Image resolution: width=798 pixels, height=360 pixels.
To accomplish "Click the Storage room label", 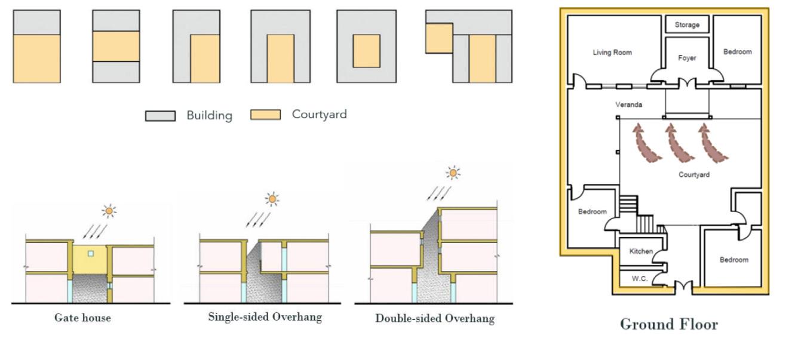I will (687, 25).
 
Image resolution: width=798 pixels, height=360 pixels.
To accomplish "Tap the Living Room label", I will (612, 53).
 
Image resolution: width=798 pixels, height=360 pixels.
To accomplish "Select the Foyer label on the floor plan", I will (687, 58).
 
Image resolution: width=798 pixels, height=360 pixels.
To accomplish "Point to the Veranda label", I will (629, 105).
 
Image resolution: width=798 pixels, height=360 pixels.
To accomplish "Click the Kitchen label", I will (641, 251).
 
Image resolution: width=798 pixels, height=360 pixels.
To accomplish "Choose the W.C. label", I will (639, 279).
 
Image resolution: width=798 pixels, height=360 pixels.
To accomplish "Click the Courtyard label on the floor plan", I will (694, 175).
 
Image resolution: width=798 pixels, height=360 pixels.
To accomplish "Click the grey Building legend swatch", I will (160, 115).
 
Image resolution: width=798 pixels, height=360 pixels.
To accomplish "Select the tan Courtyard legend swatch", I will (265, 115).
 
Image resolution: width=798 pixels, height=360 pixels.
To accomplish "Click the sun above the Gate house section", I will (109, 210).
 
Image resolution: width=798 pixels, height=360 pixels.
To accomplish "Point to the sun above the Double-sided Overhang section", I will (454, 173).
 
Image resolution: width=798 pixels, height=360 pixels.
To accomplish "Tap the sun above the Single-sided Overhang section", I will (272, 198).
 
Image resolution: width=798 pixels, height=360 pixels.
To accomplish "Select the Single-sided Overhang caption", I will (265, 317).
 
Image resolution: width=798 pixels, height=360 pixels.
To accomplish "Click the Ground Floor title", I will (669, 324).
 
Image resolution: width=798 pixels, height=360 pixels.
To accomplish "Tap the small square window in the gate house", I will (90, 254).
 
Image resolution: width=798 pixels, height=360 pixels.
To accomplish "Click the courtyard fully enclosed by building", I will (366, 51).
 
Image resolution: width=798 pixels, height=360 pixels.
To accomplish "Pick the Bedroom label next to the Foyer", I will (737, 52).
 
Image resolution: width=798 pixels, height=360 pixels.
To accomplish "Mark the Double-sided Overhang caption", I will (434, 318).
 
